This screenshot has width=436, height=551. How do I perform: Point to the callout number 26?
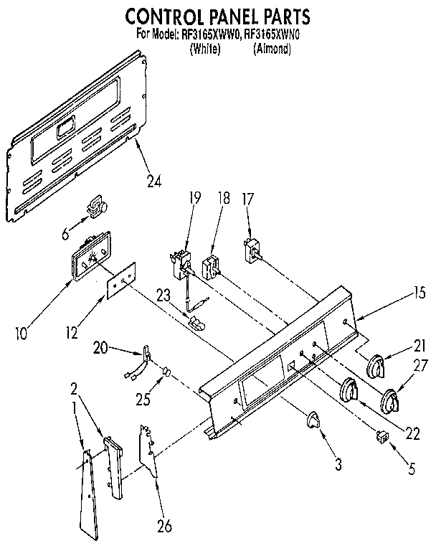tap(164, 526)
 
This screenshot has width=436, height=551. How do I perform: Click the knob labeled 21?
tap(377, 368)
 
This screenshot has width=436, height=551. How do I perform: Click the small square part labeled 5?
tap(381, 436)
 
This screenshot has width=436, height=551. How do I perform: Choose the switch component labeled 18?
tap(212, 266)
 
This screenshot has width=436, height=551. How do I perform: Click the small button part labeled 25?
tap(166, 372)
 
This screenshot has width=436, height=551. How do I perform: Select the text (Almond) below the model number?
tap(272, 50)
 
